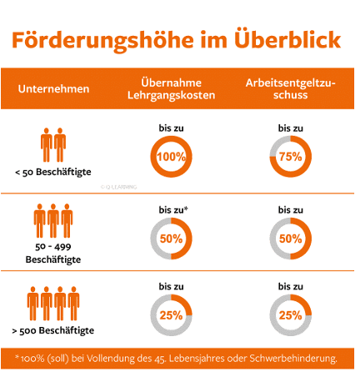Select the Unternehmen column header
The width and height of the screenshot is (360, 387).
53,88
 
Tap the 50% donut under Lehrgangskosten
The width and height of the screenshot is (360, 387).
171,238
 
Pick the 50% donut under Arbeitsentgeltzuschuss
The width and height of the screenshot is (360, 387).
291,238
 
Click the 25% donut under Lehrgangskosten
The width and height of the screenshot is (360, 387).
171,315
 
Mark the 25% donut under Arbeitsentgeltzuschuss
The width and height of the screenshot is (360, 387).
291,315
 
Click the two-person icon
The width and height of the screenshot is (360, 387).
52,143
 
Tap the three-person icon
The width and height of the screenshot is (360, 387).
52,222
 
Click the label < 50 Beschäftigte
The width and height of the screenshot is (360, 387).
52,173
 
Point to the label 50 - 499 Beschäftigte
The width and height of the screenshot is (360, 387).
52,254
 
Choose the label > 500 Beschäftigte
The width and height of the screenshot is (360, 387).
52,331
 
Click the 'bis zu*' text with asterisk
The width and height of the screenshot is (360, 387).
171,208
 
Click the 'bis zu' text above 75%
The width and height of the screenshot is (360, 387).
291,128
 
